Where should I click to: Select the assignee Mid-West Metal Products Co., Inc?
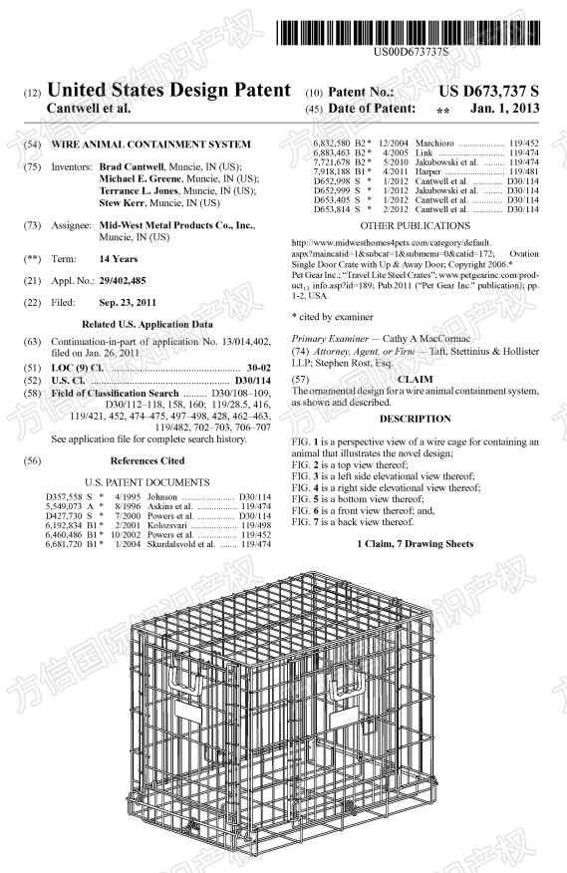point(176,226)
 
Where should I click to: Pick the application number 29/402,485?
point(129,281)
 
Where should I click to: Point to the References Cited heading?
point(146,460)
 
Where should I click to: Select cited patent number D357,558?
point(66,495)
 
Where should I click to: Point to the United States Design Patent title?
point(168,91)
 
